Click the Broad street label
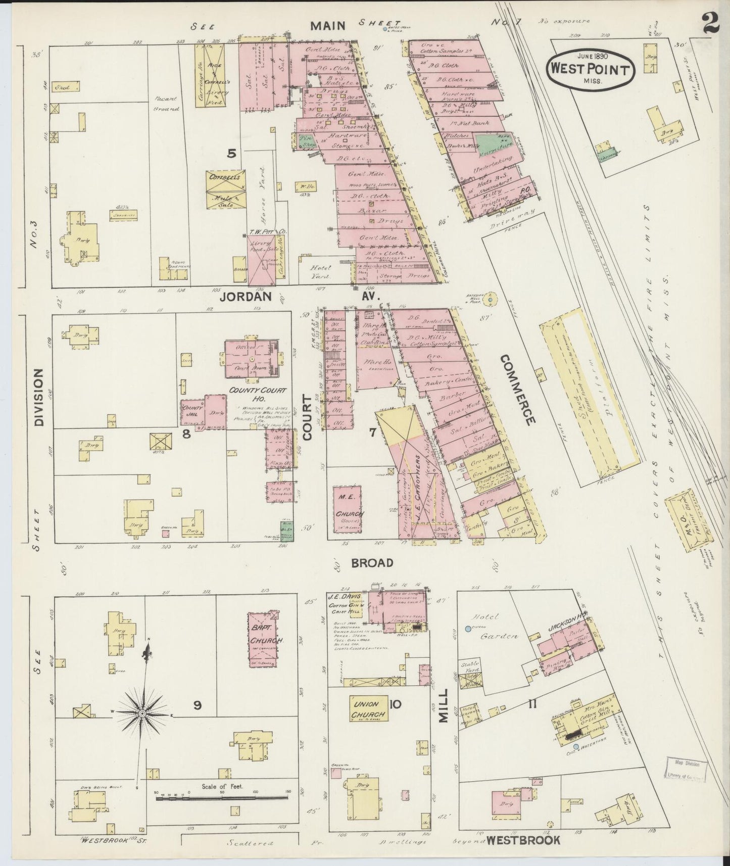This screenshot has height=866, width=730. pyautogui.click(x=373, y=562)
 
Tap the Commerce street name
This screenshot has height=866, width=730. pyautogui.click(x=517, y=390)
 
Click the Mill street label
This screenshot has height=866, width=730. pyautogui.click(x=443, y=704)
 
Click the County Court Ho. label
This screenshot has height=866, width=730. pyautogui.click(x=258, y=394)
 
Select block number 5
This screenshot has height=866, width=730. pyautogui.click(x=231, y=153)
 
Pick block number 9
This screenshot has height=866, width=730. pyautogui.click(x=198, y=705)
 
